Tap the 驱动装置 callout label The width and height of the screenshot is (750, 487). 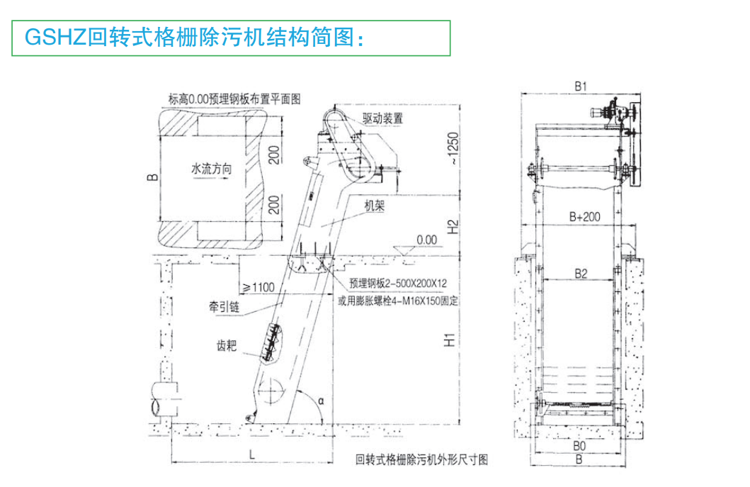[x=382, y=118]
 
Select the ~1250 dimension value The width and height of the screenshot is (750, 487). [x=453, y=150]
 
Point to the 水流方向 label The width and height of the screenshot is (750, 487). [x=212, y=170]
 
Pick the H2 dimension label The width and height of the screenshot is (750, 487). [x=453, y=226]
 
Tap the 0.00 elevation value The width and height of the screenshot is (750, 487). [x=427, y=240]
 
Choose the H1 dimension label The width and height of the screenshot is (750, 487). [x=450, y=340]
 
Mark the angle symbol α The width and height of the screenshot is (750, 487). [x=322, y=401]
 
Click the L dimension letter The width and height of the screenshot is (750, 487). [x=251, y=454]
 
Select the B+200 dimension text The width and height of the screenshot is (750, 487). [x=585, y=217]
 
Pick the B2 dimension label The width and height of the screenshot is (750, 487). [x=581, y=272]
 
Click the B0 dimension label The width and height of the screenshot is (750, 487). [x=579, y=447]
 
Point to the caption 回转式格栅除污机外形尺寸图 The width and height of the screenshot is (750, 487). [x=422, y=460]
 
